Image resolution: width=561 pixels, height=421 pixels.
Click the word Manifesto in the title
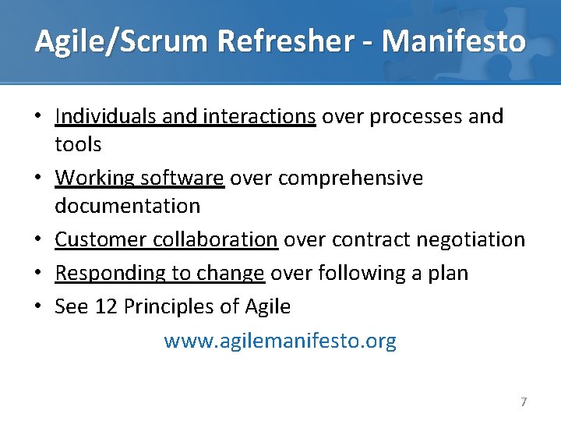click(x=454, y=41)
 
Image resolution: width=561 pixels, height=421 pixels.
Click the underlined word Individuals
click(x=107, y=116)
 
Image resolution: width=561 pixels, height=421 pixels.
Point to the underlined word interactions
click(x=259, y=116)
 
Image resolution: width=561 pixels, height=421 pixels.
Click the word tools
click(x=78, y=144)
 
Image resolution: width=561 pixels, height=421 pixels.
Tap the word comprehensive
click(x=351, y=178)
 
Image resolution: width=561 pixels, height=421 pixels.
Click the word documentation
click(x=128, y=206)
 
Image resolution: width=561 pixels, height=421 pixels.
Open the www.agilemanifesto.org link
click(x=280, y=341)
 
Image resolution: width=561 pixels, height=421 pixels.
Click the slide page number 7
click(x=524, y=402)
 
